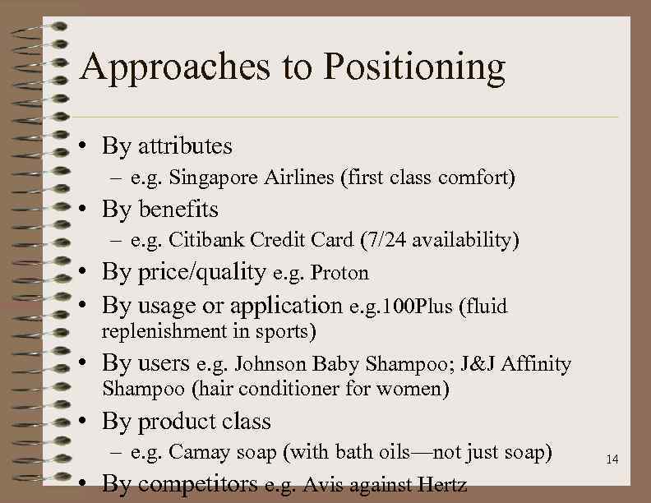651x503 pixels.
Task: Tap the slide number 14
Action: click(612, 459)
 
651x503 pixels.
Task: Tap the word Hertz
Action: click(444, 485)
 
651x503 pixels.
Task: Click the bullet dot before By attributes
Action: click(85, 147)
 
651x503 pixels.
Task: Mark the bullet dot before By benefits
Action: click(85, 210)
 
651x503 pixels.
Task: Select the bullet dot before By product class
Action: click(85, 422)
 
